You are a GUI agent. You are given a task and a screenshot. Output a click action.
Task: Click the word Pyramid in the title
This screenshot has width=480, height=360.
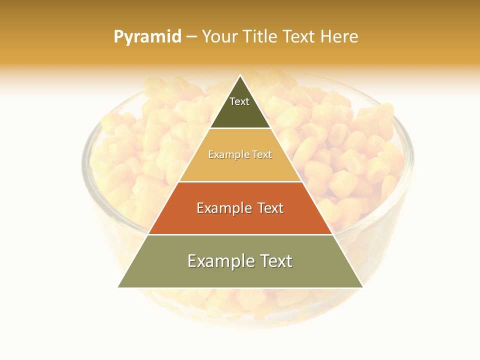click(147, 37)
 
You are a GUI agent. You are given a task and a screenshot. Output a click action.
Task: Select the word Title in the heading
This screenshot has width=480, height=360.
click(260, 36)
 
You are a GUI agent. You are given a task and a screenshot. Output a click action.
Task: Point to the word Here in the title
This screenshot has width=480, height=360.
click(339, 36)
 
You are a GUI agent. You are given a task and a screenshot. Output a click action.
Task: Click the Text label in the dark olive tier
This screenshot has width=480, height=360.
click(239, 101)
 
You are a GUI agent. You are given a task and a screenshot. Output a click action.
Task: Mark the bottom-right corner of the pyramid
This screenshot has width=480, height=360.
click(362, 287)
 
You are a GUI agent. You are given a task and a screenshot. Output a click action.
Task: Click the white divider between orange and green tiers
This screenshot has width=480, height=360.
click(240, 234)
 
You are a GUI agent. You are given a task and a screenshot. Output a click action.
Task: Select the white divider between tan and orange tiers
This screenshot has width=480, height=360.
click(240, 181)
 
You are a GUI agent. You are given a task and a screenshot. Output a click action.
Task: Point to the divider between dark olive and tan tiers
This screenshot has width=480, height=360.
click(240, 128)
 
